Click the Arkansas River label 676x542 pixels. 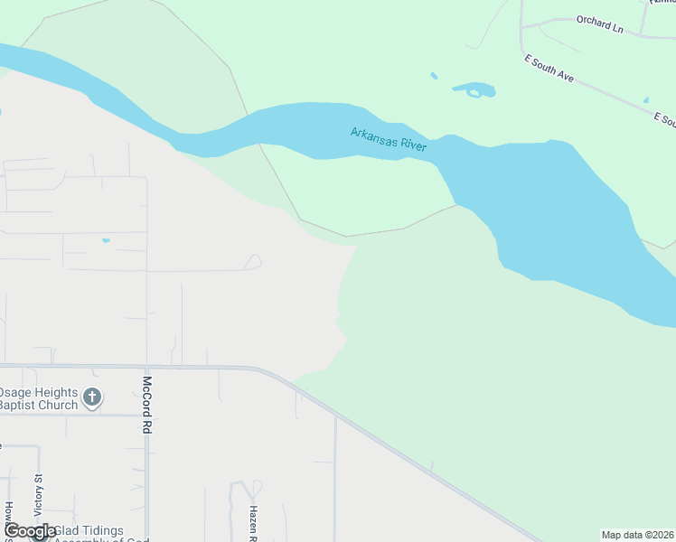[388, 139]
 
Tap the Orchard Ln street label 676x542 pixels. [600, 23]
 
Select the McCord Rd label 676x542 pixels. [146, 405]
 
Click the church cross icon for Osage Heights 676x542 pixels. [91, 396]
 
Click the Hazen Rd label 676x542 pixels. [254, 522]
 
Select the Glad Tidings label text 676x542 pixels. [89, 530]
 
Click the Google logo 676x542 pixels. [30, 531]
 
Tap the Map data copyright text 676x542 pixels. [637, 535]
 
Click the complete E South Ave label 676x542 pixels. [549, 70]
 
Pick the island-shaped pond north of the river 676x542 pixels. [474, 89]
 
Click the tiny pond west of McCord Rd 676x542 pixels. [106, 240]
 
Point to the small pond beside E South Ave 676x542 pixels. [645, 100]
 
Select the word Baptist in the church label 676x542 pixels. [17, 406]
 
